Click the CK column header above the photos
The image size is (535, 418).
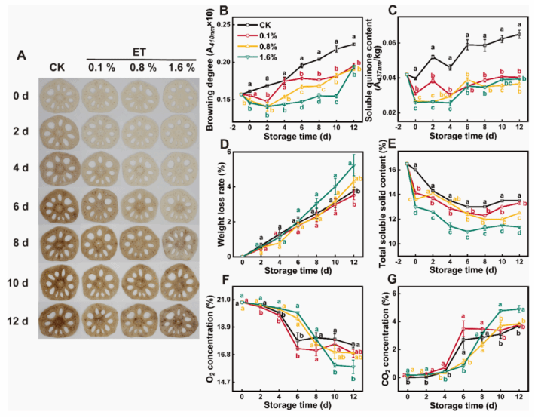point(58,67)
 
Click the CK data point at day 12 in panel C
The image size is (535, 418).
point(519,34)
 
